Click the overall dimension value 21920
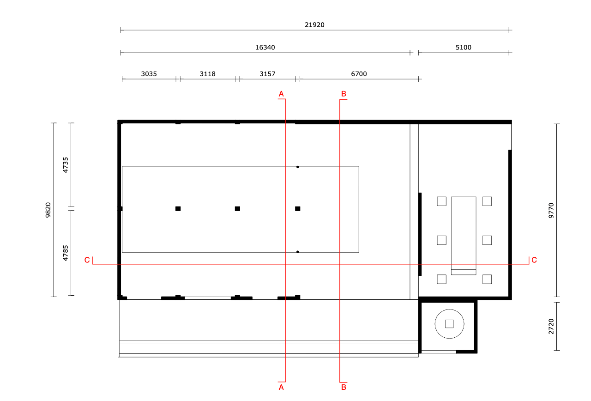[x=314, y=25]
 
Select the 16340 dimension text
[x=265, y=48]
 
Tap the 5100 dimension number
[x=463, y=48]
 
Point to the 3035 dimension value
[x=149, y=74]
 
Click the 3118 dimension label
[x=208, y=74]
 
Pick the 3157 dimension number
[x=267, y=74]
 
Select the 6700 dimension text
[x=359, y=74]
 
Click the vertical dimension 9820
[x=48, y=210]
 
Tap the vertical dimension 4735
[x=66, y=165]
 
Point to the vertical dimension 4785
[x=66, y=253]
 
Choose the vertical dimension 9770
[x=551, y=211]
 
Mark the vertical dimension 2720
[x=551, y=327]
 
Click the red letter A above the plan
[x=281, y=94]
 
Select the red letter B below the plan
[x=344, y=387]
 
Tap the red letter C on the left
[x=87, y=260]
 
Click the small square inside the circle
[x=449, y=324]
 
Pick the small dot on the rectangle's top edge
[x=298, y=167]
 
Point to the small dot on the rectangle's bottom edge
[x=298, y=252]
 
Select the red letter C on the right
[x=534, y=260]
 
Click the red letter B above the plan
[x=344, y=94]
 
